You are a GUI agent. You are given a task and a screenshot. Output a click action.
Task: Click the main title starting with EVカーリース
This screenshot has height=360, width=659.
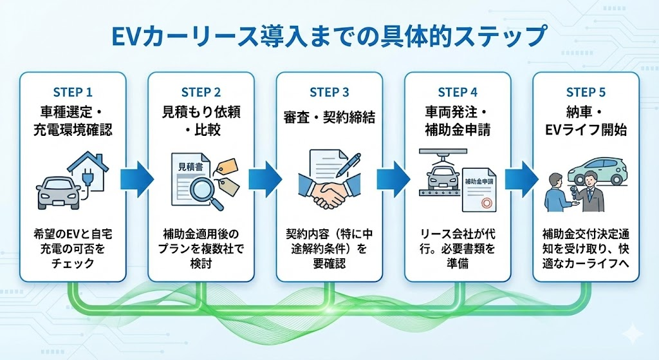(x=329, y=35)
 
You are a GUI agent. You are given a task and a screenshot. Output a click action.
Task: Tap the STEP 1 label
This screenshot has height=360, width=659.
(x=72, y=92)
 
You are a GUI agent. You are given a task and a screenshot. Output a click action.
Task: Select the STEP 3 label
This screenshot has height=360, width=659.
(x=329, y=92)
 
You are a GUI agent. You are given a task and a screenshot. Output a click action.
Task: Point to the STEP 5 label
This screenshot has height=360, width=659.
(x=586, y=92)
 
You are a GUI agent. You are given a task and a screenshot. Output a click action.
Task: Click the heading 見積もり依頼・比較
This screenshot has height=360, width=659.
(x=201, y=120)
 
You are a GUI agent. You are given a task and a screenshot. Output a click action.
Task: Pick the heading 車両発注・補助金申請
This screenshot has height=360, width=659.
(x=458, y=120)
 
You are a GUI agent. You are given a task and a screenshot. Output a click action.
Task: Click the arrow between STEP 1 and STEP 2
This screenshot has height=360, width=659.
(x=136, y=178)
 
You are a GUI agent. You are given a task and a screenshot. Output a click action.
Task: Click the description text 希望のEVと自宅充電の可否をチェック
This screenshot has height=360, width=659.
(x=72, y=249)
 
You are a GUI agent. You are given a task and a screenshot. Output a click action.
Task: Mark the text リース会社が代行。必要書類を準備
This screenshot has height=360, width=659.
(x=458, y=249)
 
